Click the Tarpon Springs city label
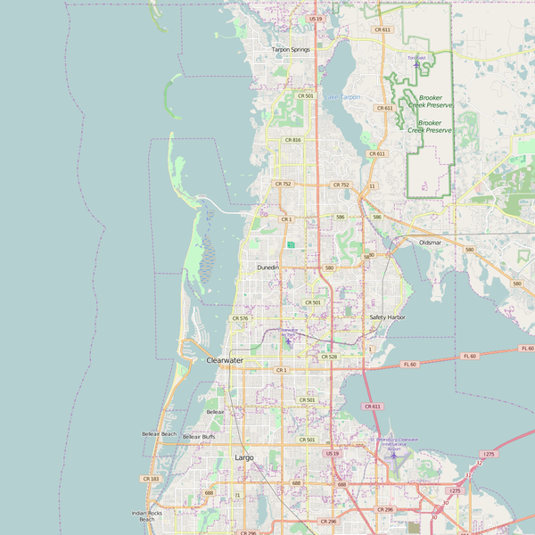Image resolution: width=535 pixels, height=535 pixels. pos(291,50)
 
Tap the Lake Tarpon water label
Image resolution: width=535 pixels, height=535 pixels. pos(342,96)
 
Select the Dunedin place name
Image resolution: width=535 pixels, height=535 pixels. pos(267,267)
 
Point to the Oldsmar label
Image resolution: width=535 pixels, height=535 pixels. pos(430,243)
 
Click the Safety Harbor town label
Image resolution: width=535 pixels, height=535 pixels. pos(387,317)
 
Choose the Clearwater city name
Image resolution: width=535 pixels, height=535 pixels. pos(225,360)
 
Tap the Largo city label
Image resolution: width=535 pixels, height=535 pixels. pos(243,457)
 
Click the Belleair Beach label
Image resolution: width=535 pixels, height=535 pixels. pos(159,434)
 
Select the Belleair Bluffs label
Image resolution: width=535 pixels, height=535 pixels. pos(199,437)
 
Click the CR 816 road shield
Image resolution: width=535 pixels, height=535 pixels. pos(293,140)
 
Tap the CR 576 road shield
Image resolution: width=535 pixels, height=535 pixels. pos(240,318)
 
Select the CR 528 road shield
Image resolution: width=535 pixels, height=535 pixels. pos(328,357)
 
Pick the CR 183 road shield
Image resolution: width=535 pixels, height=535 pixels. pos(150,479)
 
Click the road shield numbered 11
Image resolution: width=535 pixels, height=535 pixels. pos(372,186)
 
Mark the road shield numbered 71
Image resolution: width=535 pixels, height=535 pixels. pos(237,495)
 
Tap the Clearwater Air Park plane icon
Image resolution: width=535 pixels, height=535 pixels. pos(287,340)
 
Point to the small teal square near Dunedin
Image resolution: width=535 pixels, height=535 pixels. pos(291,244)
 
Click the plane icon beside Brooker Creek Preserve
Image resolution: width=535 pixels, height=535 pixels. pos(416,64)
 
